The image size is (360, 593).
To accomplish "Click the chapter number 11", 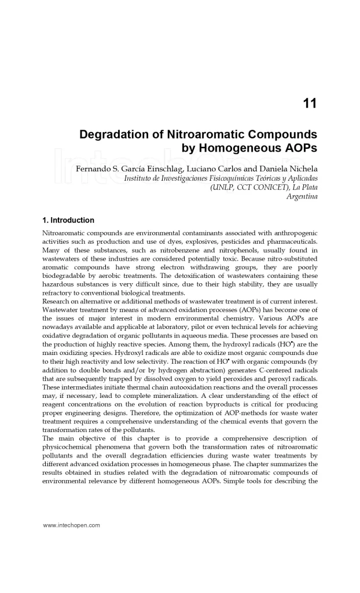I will pyautogui.click(x=310, y=104).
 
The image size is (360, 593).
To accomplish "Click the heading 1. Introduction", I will pyautogui.click(x=68, y=221).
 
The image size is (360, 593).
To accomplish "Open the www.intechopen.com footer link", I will pyautogui.click(x=72, y=525).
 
